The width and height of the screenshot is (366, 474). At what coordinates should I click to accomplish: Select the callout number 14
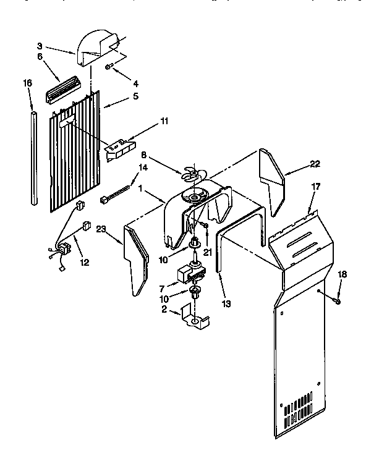pyautogui.click(x=143, y=167)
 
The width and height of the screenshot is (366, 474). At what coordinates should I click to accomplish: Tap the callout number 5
pyautogui.click(x=135, y=96)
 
